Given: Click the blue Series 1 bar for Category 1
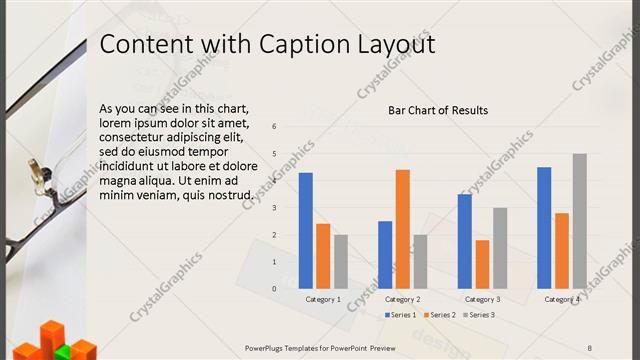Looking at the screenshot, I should tap(306, 231).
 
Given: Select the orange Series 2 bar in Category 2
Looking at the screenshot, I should tap(403, 229).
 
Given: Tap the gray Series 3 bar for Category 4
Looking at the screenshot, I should tap(580, 221).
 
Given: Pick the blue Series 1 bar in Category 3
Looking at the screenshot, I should tap(465, 241).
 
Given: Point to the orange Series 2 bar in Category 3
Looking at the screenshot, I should tap(483, 264).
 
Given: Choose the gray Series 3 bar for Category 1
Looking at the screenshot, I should tap(341, 261).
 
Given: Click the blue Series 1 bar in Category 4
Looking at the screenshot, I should tap(544, 228).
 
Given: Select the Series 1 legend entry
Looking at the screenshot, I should tap(401, 315).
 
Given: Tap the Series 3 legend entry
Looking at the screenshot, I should tap(479, 315).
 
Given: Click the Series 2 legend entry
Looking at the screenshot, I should tap(440, 315).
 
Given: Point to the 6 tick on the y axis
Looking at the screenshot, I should tap(274, 126).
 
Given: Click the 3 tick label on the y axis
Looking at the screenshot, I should tap(274, 207).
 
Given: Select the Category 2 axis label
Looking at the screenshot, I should tap(403, 299).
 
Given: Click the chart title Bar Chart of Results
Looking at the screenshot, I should tap(438, 110).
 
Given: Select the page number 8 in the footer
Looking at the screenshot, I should tap(590, 348).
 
